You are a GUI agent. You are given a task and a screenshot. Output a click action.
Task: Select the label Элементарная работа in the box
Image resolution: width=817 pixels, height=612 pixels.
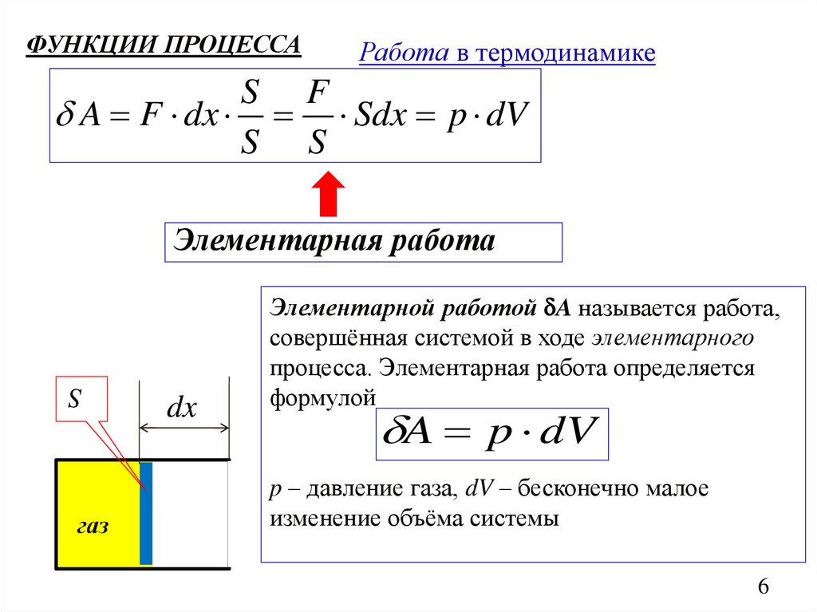(335, 240)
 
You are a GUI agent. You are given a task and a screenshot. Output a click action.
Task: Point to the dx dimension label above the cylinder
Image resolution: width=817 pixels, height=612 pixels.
(181, 409)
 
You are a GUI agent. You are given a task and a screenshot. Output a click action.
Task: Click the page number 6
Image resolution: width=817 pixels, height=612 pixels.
(763, 587)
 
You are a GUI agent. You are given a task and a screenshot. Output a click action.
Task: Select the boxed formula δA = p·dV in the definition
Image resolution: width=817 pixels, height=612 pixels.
(491, 436)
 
